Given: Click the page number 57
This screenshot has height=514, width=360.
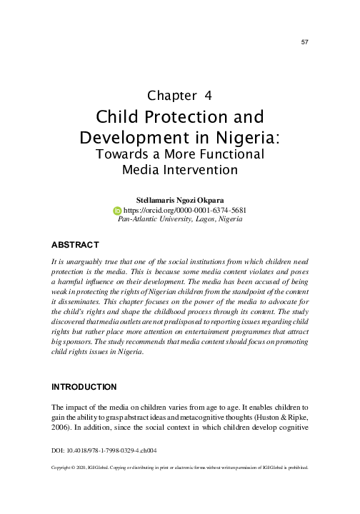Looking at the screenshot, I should (304, 43).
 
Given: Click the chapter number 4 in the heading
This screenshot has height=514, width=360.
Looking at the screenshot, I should (207, 95).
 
